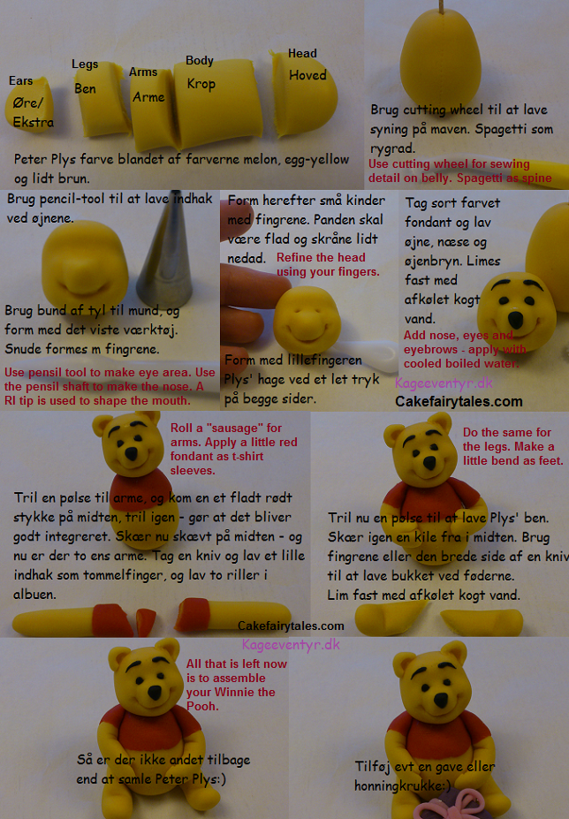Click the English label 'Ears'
(x=20, y=81)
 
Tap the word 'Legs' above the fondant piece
(x=85, y=64)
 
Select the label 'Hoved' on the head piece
(x=307, y=75)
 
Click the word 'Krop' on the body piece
(x=201, y=84)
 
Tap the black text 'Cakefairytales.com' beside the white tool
(x=459, y=402)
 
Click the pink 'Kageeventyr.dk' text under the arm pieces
(x=291, y=644)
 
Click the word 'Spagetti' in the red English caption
(x=442, y=178)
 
